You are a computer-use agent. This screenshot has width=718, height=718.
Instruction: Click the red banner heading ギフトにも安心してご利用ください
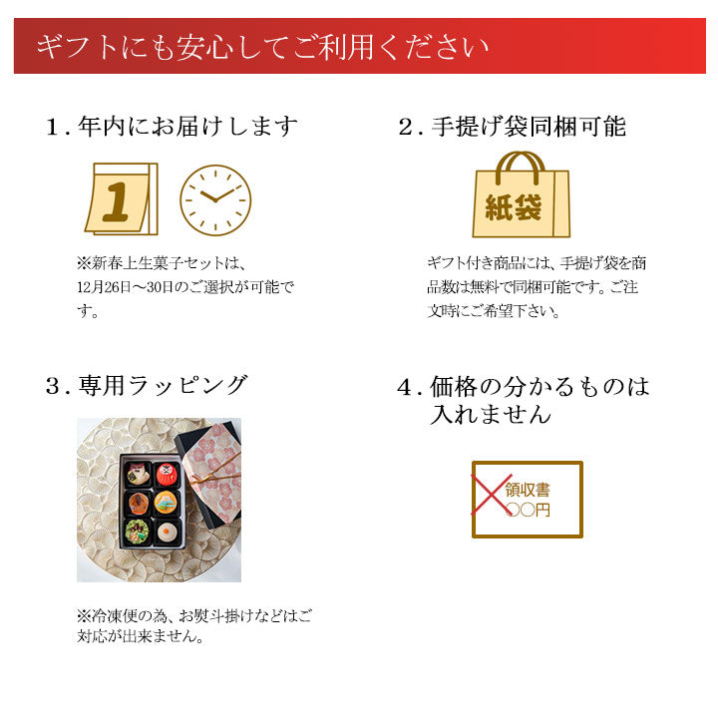pos(262,47)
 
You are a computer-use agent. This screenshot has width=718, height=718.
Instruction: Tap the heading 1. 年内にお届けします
pos(172,127)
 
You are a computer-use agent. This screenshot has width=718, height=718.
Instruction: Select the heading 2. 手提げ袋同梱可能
pos(512,127)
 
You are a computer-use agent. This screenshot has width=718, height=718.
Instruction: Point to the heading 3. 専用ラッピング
pos(147,385)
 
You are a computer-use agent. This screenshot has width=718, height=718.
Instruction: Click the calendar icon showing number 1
pos(122,198)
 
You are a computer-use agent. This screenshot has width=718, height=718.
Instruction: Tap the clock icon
pos(215,200)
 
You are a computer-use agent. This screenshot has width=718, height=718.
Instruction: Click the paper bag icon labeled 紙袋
pos(522,195)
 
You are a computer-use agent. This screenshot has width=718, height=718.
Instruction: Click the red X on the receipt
pos(492,494)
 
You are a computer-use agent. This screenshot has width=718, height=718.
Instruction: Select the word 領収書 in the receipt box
pos(528,490)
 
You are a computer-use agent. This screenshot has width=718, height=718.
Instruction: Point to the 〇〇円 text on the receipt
pos(528,510)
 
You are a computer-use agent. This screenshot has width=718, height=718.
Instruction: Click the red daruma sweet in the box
pos(166,475)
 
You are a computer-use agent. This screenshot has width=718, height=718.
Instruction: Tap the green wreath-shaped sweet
pos(137,532)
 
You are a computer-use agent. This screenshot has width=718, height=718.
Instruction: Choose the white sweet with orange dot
pos(167,532)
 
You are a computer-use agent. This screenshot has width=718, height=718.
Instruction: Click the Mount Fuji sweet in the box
pos(166,503)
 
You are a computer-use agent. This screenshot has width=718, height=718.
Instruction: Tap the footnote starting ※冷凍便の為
pos(193,625)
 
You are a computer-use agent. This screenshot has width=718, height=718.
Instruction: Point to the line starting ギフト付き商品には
pos(537,263)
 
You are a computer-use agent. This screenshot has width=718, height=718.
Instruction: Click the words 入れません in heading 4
pos(491,414)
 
